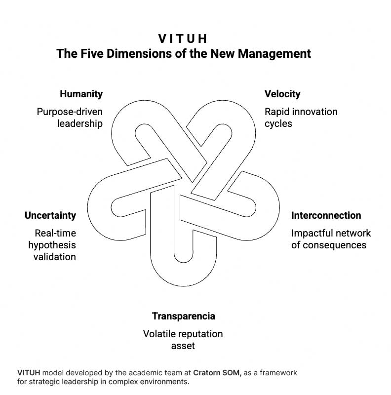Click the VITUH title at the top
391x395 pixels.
tap(183, 38)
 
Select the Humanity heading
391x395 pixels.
tap(81, 94)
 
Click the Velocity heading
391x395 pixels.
tap(282, 94)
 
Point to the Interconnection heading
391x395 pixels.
tap(326, 215)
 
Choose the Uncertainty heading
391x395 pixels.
tap(50, 215)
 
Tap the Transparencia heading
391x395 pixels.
tap(184, 316)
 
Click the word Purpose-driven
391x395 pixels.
tap(70, 112)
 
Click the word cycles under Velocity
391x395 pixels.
tap(278, 123)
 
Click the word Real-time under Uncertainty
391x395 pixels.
tap(55, 233)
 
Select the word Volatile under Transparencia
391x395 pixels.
tap(159, 334)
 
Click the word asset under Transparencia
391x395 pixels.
tap(183, 346)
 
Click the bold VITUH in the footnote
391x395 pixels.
tap(28, 373)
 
